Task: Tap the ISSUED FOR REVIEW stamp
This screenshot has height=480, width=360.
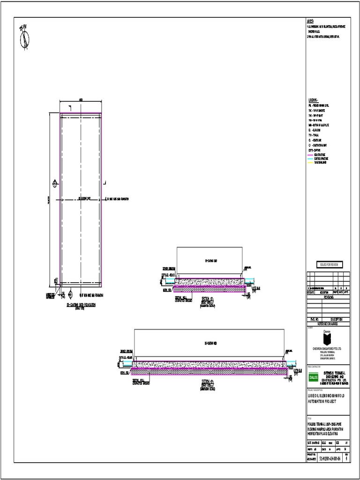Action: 329,265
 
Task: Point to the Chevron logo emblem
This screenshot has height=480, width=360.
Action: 327,338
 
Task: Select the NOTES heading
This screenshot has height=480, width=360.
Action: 310,22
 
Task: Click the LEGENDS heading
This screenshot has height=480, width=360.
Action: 313,100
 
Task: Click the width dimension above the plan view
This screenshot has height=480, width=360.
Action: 81,100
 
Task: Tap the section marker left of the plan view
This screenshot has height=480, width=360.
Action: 55,182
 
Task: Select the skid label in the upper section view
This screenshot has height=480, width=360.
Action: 210,260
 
